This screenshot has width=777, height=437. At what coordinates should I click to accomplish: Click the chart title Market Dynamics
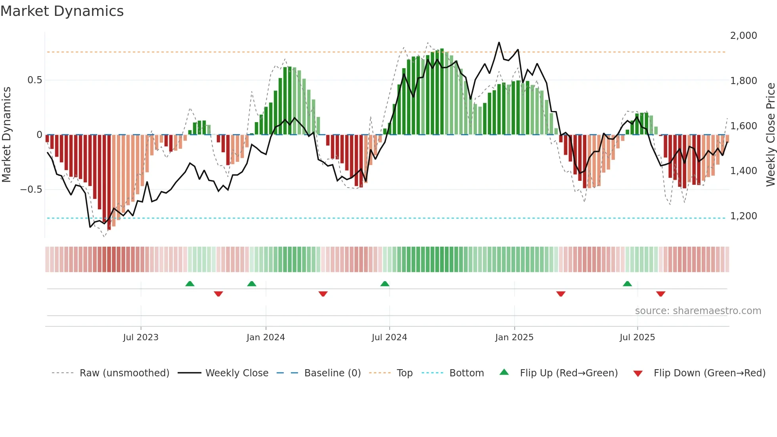(62, 11)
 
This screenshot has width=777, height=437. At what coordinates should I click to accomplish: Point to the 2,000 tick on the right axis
(743, 36)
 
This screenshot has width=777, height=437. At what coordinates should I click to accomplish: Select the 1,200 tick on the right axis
(743, 216)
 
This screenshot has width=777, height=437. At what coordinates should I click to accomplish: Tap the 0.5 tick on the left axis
(34, 80)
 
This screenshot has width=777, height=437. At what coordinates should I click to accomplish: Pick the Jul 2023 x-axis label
(140, 337)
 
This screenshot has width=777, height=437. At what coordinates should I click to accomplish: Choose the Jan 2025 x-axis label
(514, 337)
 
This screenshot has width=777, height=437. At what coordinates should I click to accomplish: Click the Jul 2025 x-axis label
(637, 337)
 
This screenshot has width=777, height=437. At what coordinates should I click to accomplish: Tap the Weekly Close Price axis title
(770, 135)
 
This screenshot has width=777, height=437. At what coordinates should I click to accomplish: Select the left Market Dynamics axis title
(6, 135)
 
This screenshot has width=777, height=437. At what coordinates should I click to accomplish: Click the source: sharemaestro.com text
(698, 311)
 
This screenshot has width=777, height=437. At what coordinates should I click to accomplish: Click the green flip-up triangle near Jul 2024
(385, 284)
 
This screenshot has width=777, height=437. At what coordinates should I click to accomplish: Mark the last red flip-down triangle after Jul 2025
(660, 294)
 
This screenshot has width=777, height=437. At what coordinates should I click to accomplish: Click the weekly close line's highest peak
(499, 42)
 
